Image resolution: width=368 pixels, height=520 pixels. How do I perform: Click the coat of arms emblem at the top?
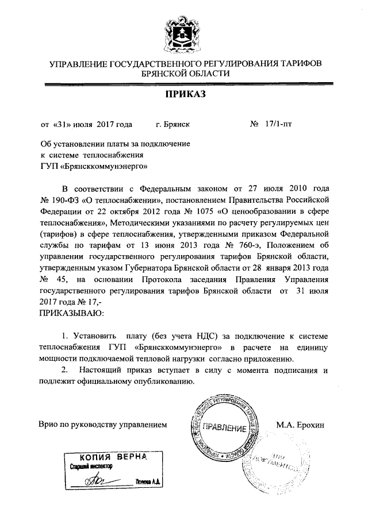coord(183,33)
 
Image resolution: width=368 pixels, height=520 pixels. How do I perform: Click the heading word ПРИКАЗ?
coord(184,94)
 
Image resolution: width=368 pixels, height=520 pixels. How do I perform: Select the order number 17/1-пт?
coord(278,124)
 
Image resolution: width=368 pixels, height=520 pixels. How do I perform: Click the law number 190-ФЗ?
coord(64,199)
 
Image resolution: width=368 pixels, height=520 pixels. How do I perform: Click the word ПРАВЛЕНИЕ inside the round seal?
coord(226,429)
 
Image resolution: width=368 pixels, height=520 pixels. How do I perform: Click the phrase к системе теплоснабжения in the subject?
coord(91,155)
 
